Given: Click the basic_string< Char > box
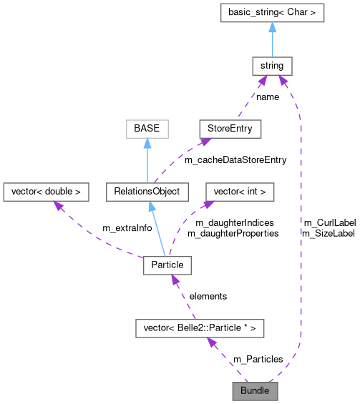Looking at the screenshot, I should (x=271, y=12).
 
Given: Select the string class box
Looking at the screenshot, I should (x=271, y=66).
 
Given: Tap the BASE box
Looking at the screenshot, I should (x=146, y=129).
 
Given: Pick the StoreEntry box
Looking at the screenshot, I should (x=230, y=129).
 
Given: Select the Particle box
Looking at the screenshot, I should (x=167, y=265).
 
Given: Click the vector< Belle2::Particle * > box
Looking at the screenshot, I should (x=200, y=328).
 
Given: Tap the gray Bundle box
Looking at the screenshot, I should (x=254, y=391).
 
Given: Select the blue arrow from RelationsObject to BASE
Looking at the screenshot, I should (x=146, y=160).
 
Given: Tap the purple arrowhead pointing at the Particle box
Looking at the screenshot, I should (x=172, y=280).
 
